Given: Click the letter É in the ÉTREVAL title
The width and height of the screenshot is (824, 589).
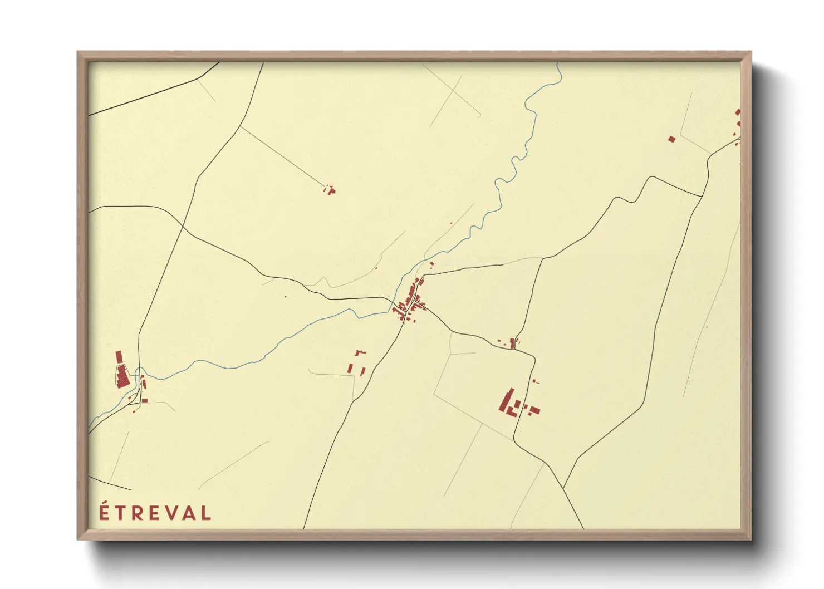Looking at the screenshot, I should click(103, 512).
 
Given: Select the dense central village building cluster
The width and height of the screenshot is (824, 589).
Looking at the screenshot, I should click(409, 303).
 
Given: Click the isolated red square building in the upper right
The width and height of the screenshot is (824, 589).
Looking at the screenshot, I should click(671, 139).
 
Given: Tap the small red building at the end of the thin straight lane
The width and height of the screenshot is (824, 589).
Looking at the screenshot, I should click(331, 191).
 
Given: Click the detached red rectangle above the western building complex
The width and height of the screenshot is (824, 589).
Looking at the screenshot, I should click(119, 357).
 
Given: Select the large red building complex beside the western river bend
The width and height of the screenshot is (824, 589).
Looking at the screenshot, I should click(122, 376).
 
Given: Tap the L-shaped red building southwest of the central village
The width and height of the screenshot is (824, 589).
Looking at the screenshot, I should click(360, 352).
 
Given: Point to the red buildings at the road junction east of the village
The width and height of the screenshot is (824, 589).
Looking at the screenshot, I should click(513, 342).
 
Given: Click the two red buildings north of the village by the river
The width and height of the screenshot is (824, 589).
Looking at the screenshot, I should click(431, 264).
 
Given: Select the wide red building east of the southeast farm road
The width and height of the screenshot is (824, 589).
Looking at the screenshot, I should click(534, 410).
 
